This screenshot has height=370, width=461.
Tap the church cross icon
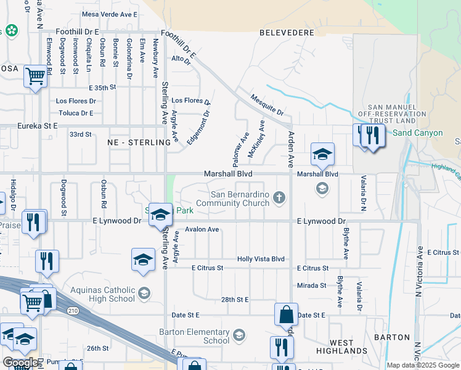point(279,197)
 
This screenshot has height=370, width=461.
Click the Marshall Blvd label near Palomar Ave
point(228,175)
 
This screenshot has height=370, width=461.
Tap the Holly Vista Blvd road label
point(261,260)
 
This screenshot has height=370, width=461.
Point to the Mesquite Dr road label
point(267,105)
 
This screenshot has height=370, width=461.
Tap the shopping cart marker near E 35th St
point(36,76)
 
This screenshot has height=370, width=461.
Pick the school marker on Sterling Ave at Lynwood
point(160,215)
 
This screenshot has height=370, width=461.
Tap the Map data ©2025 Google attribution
point(423,365)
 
